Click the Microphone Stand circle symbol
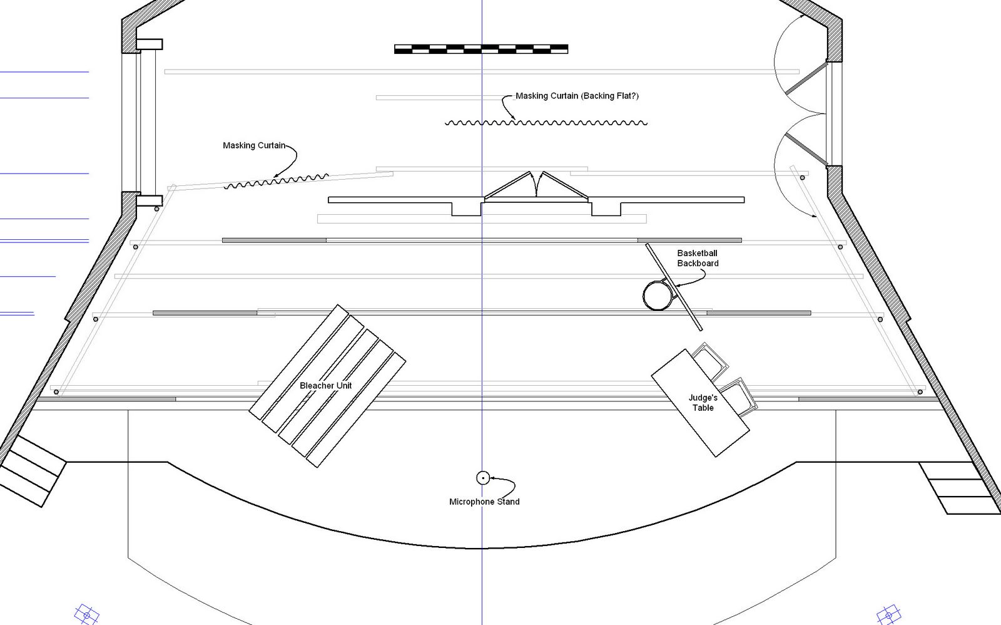[x=482, y=478]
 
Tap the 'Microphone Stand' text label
[x=484, y=502]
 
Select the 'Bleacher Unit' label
[x=325, y=386]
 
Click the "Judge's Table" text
[x=703, y=403]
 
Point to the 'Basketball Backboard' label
[x=698, y=258]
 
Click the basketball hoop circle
[x=657, y=296]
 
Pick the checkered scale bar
[x=481, y=49]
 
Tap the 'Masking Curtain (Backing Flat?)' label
[x=577, y=96]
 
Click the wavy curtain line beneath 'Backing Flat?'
[x=546, y=123]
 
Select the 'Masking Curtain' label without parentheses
[x=254, y=145]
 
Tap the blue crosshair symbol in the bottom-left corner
[x=86, y=614]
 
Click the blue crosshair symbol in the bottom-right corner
[x=888, y=615]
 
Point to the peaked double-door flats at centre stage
[x=536, y=186]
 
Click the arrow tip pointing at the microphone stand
[x=491, y=478]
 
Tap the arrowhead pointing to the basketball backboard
[x=676, y=286]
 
